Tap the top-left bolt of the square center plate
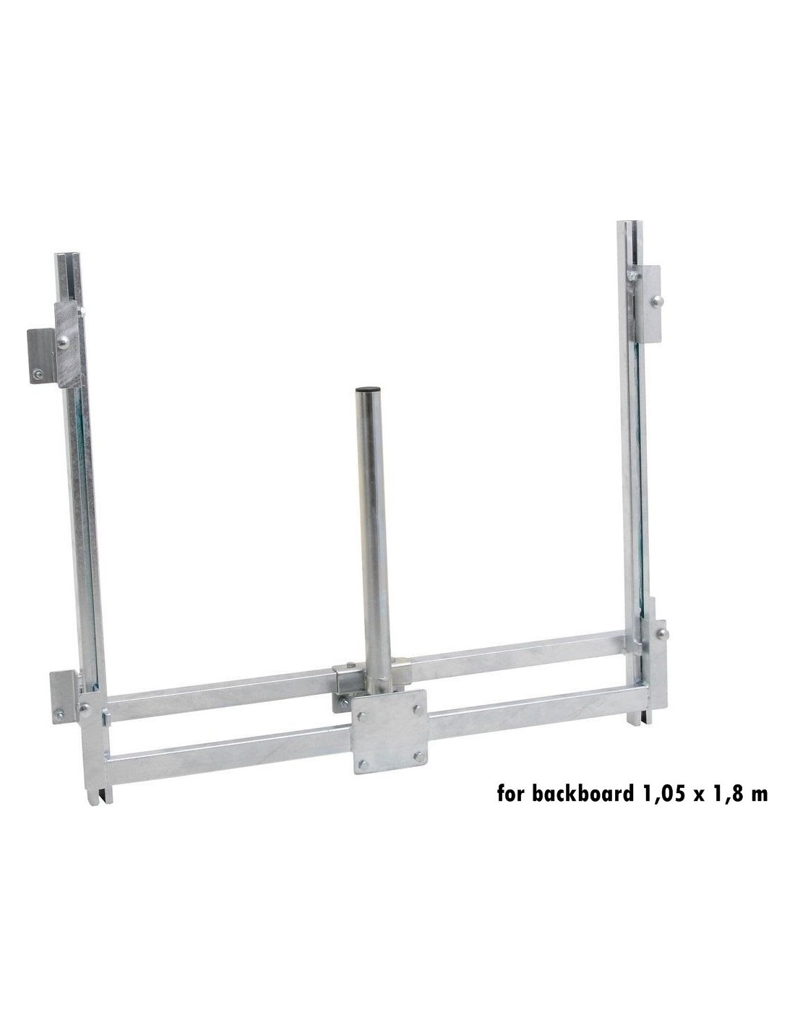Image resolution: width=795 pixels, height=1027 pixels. click(x=362, y=716)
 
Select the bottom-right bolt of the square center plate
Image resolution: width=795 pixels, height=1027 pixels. click(x=418, y=757)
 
